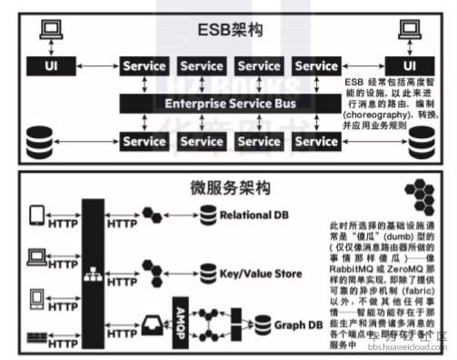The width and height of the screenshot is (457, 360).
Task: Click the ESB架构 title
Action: (x=230, y=30)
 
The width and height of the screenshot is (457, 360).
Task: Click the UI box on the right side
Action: (x=410, y=66)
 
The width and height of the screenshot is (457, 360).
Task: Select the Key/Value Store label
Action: (x=262, y=270)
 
